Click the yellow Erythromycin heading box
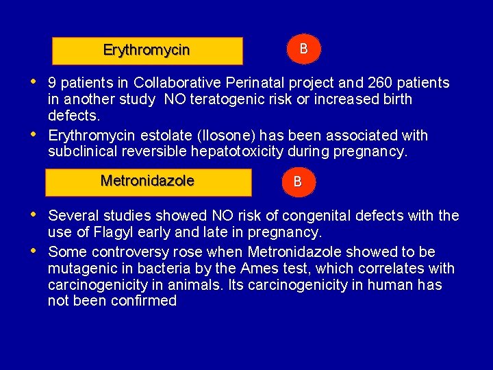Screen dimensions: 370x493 click(x=147, y=51)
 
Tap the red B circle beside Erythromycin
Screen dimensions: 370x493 click(x=303, y=49)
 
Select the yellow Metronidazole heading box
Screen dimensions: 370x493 click(x=148, y=182)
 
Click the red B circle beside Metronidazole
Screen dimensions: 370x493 click(x=297, y=182)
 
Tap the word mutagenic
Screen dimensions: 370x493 click(x=81, y=269)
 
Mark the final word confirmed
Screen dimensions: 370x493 click(x=144, y=301)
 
